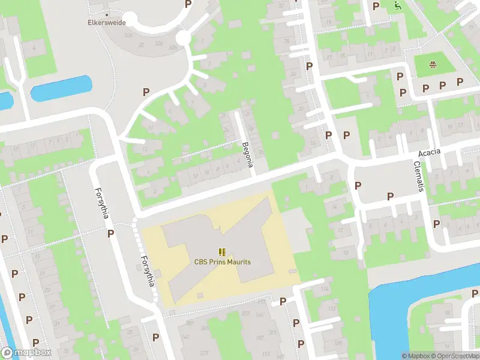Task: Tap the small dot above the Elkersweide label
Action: coord(107,14)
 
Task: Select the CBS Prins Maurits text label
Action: coord(222,262)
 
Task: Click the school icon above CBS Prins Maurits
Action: coord(222,252)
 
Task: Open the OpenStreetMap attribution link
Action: coord(455,356)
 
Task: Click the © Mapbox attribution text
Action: coord(415,356)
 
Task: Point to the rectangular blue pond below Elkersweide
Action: coord(62,88)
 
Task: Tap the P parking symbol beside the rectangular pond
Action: coord(145,92)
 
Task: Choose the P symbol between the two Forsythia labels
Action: coord(110,233)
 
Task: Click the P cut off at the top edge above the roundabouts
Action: coord(188,4)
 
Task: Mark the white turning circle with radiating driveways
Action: coord(182,38)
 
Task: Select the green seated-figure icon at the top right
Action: coord(397,5)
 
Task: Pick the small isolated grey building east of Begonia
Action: coord(275,136)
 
